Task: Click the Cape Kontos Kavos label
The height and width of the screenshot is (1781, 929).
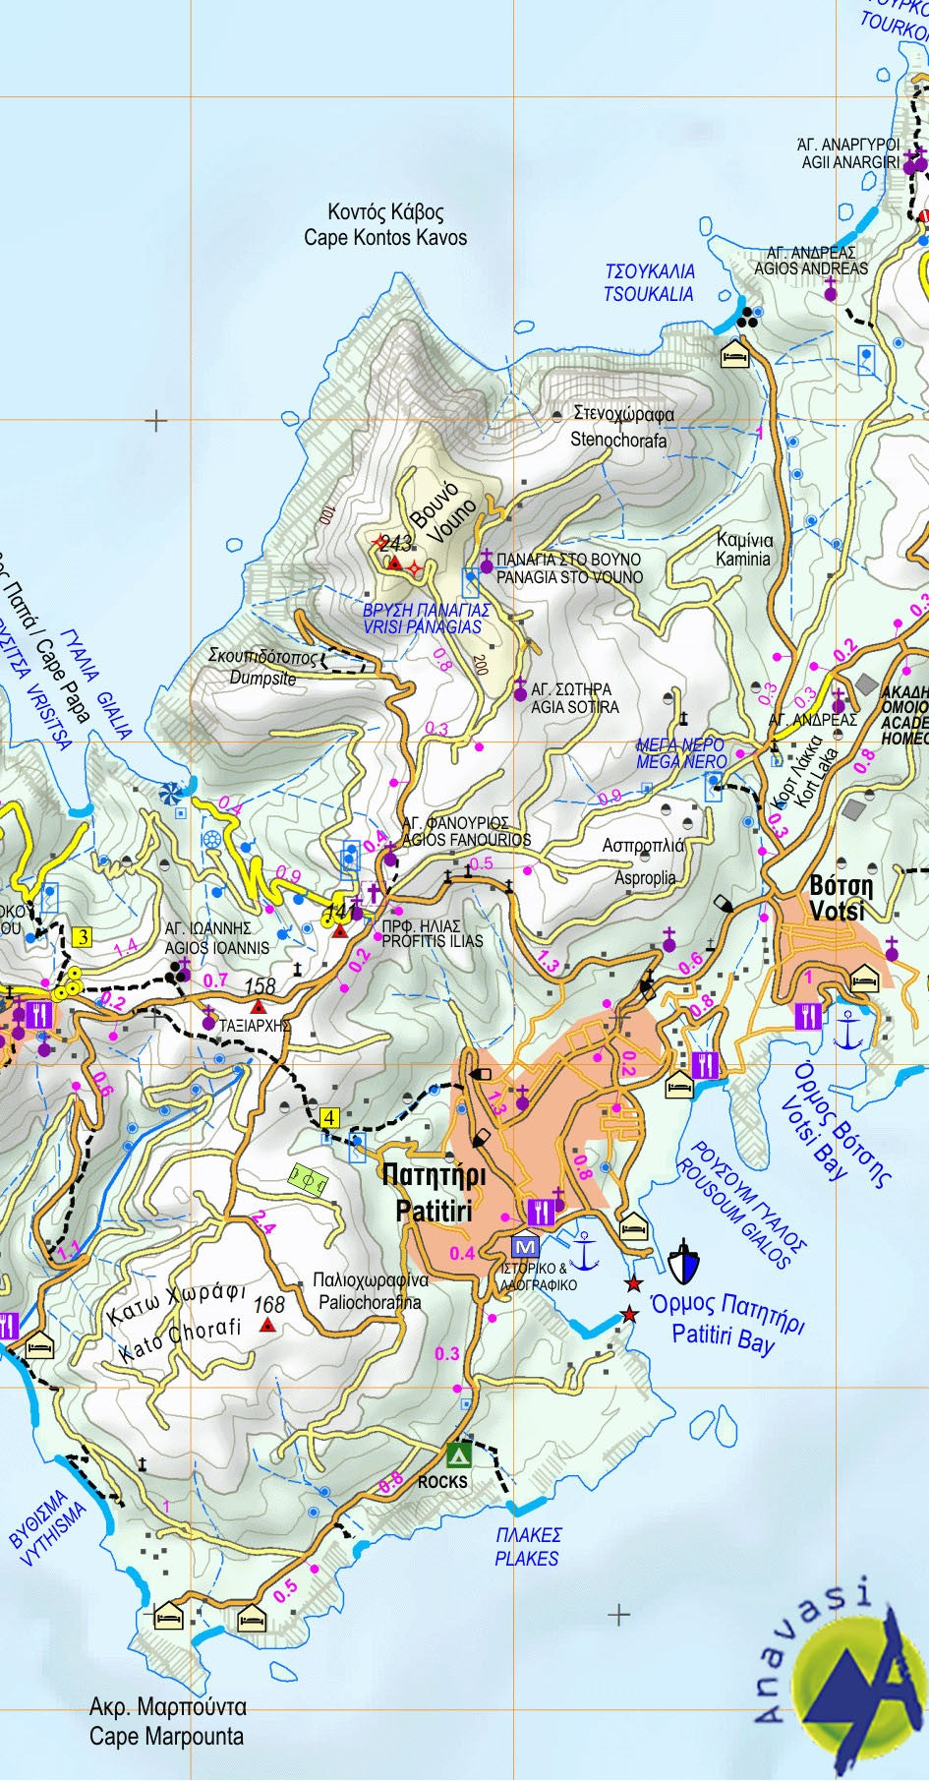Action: click(385, 225)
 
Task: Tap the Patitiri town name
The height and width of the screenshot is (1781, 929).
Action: click(434, 1193)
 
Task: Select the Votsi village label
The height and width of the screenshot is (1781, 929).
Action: click(840, 897)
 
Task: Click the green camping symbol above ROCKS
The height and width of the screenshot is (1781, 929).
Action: click(458, 1454)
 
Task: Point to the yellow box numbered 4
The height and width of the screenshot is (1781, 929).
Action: click(330, 1118)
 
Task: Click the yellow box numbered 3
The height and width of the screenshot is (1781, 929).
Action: click(83, 937)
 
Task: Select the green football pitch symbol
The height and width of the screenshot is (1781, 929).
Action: click(307, 1178)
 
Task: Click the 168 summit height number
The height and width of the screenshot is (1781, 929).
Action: click(268, 1305)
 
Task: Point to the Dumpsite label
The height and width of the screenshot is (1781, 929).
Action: click(262, 668)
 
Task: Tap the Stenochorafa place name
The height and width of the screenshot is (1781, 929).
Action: click(619, 427)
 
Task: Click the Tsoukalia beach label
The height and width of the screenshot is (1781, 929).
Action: click(649, 282)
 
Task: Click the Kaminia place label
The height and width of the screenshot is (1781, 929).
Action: click(744, 549)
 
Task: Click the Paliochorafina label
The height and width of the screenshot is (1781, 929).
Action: click(370, 1291)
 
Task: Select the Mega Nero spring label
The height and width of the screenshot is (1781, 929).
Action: click(680, 753)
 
